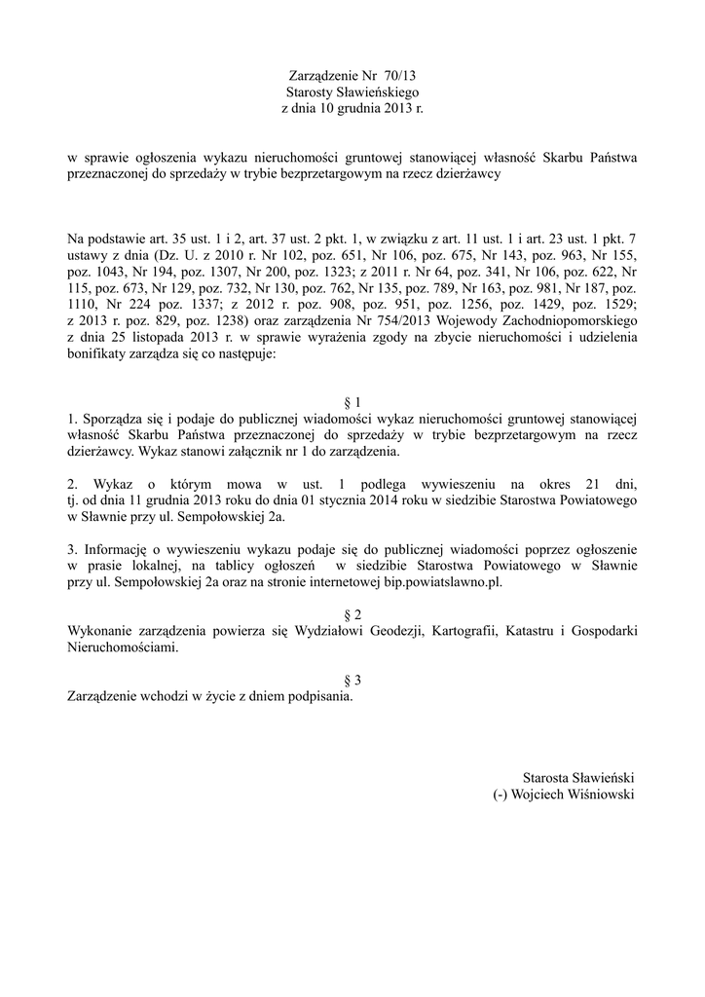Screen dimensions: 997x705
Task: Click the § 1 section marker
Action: pyautogui.click(x=352, y=402)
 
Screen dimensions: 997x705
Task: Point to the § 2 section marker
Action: pyautogui.click(x=352, y=614)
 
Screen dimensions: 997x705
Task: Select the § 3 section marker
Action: pyautogui.click(x=352, y=680)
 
